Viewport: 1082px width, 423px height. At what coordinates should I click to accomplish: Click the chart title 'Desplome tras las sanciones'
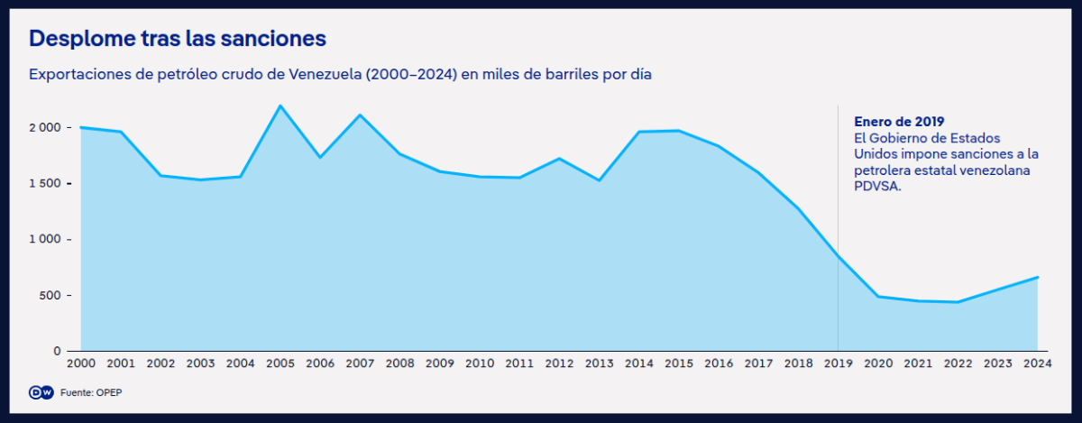tap(178, 39)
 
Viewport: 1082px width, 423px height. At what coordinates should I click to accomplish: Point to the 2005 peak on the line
tap(280, 106)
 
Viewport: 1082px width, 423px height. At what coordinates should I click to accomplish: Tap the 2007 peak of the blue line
tap(359, 115)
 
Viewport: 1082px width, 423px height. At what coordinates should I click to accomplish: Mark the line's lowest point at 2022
tap(958, 302)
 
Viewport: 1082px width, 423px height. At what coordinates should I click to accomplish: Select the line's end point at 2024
tap(1038, 277)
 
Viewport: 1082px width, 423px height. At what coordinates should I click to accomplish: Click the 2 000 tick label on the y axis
tap(44, 128)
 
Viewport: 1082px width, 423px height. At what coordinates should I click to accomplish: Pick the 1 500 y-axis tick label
tap(44, 184)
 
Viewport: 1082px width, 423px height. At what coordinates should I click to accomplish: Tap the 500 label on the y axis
tap(50, 296)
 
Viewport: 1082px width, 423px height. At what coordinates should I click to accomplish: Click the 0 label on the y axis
tap(57, 351)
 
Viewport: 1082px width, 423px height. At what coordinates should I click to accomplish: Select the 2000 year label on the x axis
tap(81, 363)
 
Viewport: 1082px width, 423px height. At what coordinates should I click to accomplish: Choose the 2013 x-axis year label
tap(599, 363)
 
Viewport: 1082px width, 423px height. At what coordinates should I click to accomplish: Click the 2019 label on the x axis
tap(838, 363)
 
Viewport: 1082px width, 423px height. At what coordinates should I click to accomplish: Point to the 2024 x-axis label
tap(1037, 363)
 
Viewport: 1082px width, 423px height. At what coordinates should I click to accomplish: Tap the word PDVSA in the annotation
tap(875, 187)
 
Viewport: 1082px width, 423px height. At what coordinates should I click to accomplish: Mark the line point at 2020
tap(878, 296)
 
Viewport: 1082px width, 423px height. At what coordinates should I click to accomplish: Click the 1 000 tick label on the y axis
tap(44, 240)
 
